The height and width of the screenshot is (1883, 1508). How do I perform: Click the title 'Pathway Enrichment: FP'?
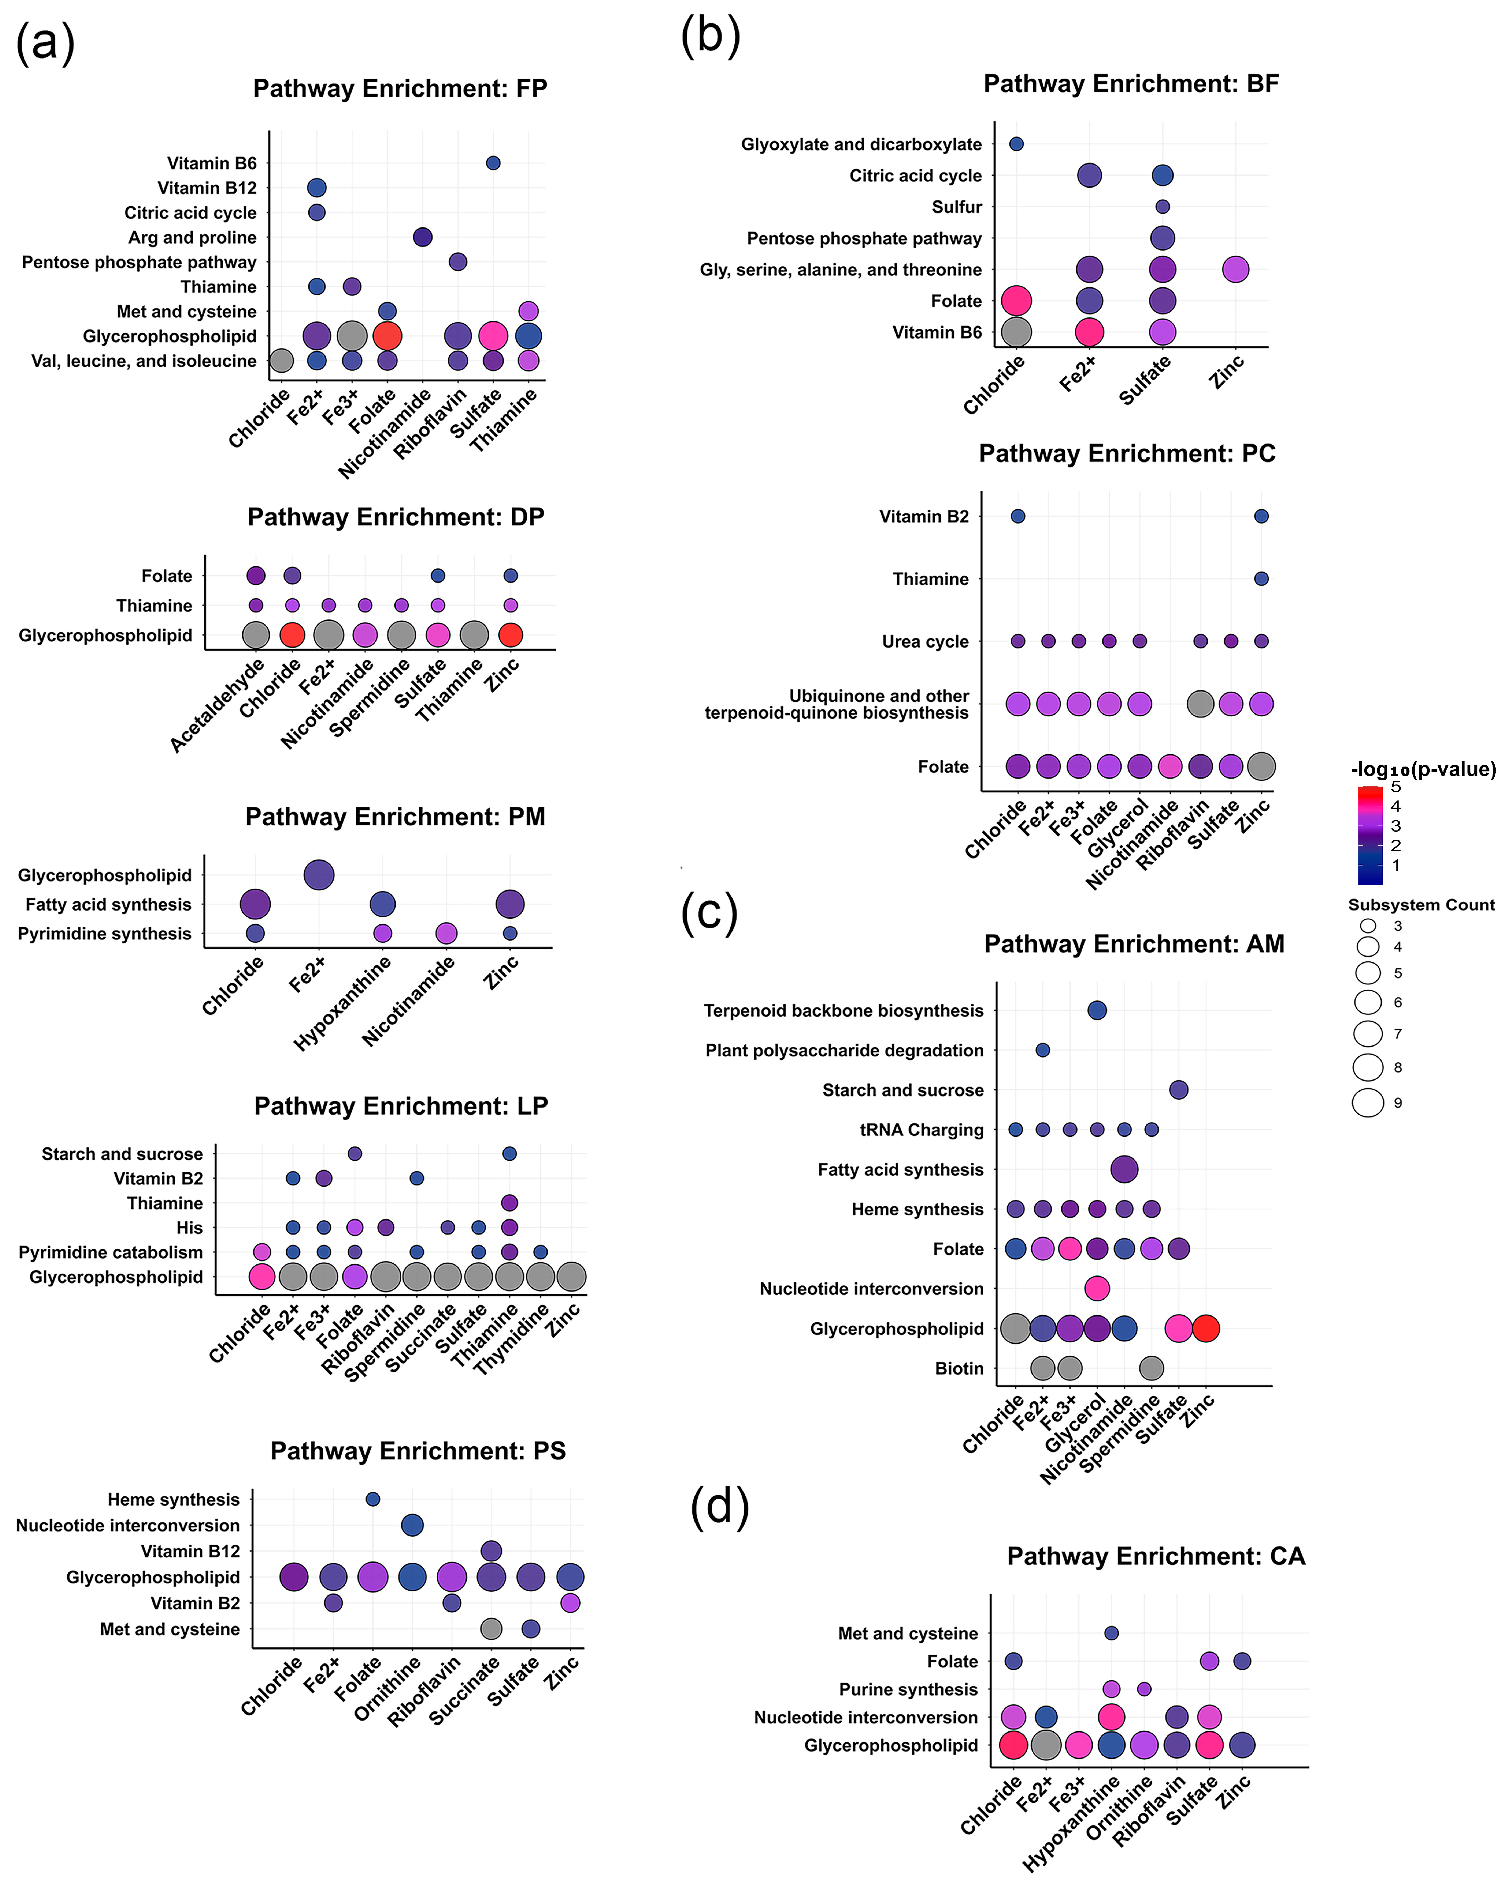click(x=400, y=88)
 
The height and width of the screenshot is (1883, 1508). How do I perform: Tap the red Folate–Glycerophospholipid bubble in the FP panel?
click(x=387, y=335)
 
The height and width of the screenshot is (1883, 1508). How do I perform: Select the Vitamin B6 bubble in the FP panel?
click(x=492, y=163)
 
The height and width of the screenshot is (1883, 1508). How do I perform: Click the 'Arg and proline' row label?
click(x=192, y=238)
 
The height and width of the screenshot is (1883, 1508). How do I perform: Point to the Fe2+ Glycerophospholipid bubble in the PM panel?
click(x=319, y=874)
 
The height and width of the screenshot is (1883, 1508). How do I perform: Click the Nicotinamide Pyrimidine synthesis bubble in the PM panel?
click(x=446, y=933)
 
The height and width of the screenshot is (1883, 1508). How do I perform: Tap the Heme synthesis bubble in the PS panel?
click(x=373, y=1499)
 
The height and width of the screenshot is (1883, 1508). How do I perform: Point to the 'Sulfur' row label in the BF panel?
click(x=957, y=207)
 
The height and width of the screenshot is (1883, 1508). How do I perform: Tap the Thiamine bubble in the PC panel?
click(x=1261, y=578)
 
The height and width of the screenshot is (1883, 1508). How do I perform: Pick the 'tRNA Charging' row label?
click(x=921, y=1130)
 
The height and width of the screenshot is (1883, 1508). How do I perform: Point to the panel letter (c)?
click(x=709, y=913)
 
